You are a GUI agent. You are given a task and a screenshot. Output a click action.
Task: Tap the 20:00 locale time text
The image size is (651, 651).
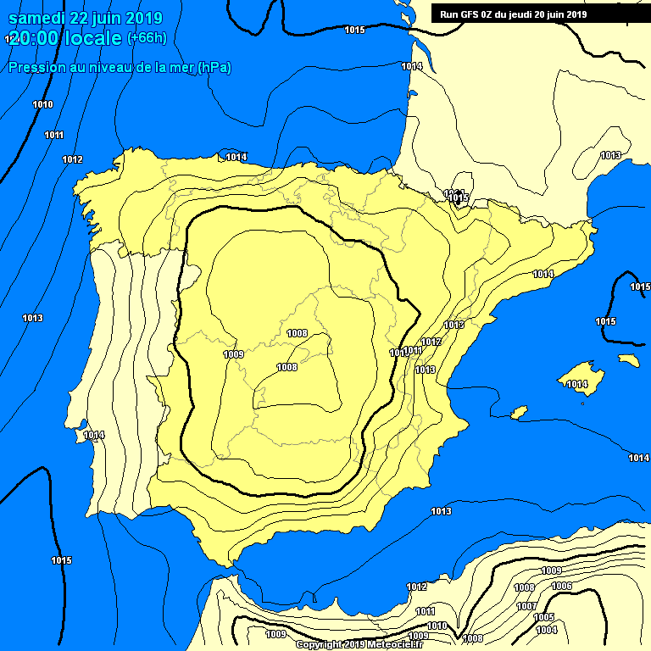64,38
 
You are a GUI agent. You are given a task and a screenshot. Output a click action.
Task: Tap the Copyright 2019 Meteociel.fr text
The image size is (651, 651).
364,644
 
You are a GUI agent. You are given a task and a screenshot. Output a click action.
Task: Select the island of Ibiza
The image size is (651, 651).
517,412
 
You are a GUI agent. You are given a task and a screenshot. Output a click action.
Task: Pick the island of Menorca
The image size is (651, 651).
628,359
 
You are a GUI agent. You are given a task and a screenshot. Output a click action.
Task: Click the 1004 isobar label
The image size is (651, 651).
546,630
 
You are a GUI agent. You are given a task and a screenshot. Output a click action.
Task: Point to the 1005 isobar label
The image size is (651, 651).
543,617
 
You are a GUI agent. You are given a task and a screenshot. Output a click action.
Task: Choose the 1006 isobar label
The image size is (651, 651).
561,587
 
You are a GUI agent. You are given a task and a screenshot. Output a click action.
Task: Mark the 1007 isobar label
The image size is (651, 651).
526,606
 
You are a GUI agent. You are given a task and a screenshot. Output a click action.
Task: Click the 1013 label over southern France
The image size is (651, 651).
610,155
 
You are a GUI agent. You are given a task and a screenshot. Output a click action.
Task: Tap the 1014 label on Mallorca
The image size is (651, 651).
577,385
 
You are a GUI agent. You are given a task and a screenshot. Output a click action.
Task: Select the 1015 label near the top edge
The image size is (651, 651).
354,31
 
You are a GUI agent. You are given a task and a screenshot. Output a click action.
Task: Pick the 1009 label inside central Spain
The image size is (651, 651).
233,354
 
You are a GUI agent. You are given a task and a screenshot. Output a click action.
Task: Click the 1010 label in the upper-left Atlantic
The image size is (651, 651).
42,105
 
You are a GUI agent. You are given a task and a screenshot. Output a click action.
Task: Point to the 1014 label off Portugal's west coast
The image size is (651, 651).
93,436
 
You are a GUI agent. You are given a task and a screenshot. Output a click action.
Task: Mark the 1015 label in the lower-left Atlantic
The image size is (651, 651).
61,560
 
